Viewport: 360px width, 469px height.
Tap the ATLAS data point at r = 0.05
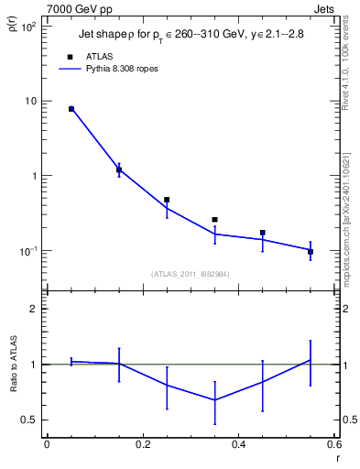tap(71, 109)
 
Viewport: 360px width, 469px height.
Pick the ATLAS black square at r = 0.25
tap(167, 200)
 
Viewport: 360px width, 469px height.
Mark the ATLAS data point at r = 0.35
tap(214, 220)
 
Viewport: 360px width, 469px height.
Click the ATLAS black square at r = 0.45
tap(263, 233)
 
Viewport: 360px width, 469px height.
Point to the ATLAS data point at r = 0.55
tap(311, 251)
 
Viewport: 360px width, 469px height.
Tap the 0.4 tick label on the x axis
tap(238, 446)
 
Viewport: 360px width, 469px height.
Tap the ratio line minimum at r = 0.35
tap(214, 399)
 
